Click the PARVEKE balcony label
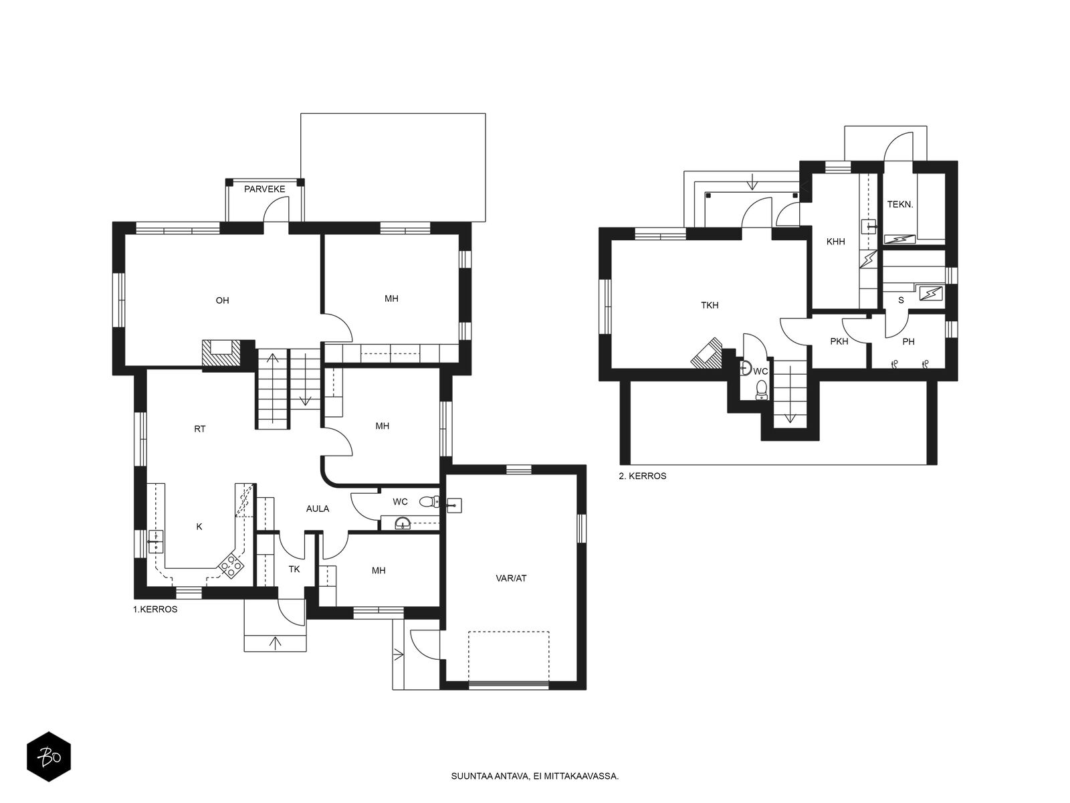tap(264, 189)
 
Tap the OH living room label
tap(222, 300)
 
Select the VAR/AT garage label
tap(511, 578)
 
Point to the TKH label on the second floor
tap(710, 305)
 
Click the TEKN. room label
tap(900, 205)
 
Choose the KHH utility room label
tap(835, 242)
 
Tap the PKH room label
tap(839, 341)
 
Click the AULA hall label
tap(318, 509)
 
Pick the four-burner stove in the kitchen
tap(231, 567)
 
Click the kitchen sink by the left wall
tap(156, 541)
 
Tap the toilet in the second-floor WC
tap(761, 389)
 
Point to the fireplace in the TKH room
tap(706, 353)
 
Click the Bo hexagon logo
tap(49, 757)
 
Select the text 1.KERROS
tap(155, 610)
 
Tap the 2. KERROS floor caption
tap(643, 476)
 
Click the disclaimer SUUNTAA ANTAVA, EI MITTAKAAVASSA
tap(535, 776)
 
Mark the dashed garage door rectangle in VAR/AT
tap(509, 656)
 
